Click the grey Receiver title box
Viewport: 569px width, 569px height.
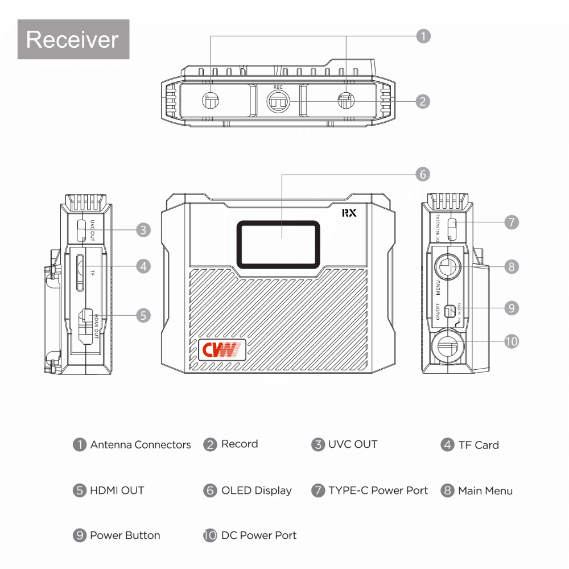coord(73,39)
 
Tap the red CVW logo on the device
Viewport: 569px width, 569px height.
coord(222,349)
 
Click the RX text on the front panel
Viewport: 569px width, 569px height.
coord(349,213)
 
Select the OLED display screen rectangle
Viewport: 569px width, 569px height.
coord(279,244)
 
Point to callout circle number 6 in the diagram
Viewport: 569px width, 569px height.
coord(422,174)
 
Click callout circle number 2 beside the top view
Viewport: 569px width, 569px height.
coord(422,101)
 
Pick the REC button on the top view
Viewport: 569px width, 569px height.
coord(278,101)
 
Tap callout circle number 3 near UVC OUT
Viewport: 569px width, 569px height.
coord(143,230)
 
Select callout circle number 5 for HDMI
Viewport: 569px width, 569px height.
coord(143,315)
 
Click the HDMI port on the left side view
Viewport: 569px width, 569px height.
coord(86,327)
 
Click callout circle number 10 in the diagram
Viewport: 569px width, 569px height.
coord(512,341)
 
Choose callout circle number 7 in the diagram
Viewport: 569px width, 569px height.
coord(512,222)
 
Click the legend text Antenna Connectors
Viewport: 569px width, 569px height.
coord(141,445)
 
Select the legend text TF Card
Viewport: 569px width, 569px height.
coord(479,445)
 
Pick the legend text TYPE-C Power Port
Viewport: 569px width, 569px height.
coord(378,490)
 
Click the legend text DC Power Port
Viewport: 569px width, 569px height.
coord(259,535)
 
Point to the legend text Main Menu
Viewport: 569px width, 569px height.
coord(485,490)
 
